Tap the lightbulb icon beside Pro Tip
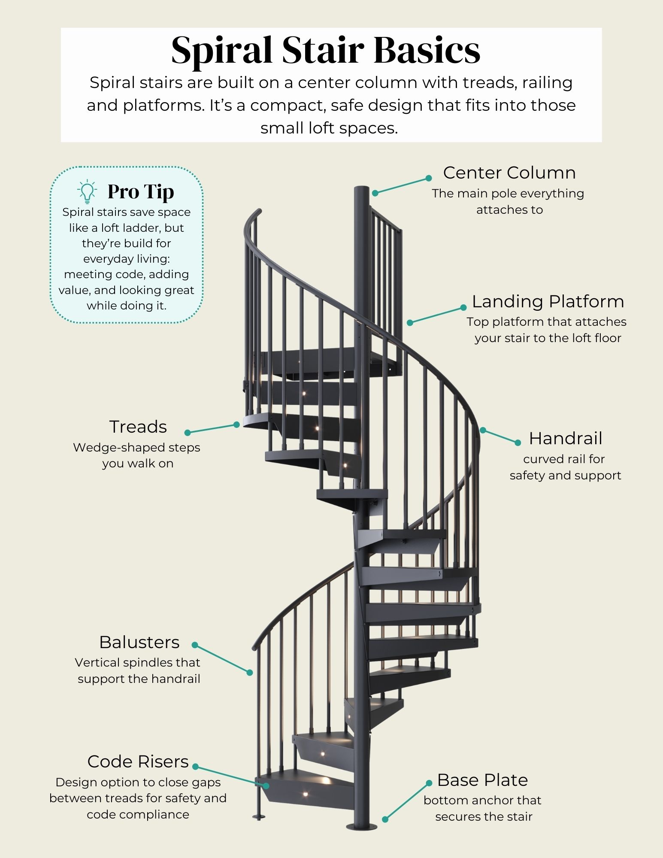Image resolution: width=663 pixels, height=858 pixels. (x=87, y=191)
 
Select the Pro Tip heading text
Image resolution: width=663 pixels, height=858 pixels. (x=141, y=191)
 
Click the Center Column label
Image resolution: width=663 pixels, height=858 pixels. (x=509, y=173)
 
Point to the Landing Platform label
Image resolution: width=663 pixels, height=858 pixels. (x=548, y=301)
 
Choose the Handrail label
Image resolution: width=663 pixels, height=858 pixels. (x=566, y=438)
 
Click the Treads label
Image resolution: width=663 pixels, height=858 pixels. (x=138, y=427)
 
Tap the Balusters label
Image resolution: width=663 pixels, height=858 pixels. (x=139, y=642)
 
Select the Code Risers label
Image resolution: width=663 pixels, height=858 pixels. (x=138, y=761)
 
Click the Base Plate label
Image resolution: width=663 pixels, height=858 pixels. (x=482, y=780)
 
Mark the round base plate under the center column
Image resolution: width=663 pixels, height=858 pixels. (x=362, y=827)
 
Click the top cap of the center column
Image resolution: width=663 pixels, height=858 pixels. (x=362, y=189)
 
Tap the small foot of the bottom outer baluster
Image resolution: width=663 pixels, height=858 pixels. (x=259, y=817)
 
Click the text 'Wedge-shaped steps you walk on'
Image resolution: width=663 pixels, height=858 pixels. (x=137, y=455)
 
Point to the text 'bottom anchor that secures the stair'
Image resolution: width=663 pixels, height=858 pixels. (x=483, y=808)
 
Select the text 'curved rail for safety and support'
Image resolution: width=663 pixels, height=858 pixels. (x=565, y=467)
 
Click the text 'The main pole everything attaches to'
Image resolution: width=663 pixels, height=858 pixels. (x=508, y=201)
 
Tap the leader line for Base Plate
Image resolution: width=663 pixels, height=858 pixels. (x=407, y=801)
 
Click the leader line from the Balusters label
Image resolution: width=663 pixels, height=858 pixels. (x=222, y=658)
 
